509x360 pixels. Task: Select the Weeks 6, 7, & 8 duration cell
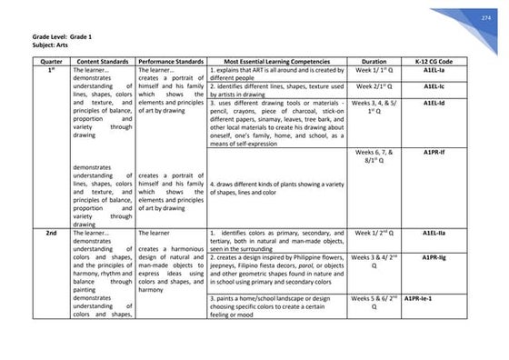tap(374, 156)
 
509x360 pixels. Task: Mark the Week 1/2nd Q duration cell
tap(374, 234)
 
